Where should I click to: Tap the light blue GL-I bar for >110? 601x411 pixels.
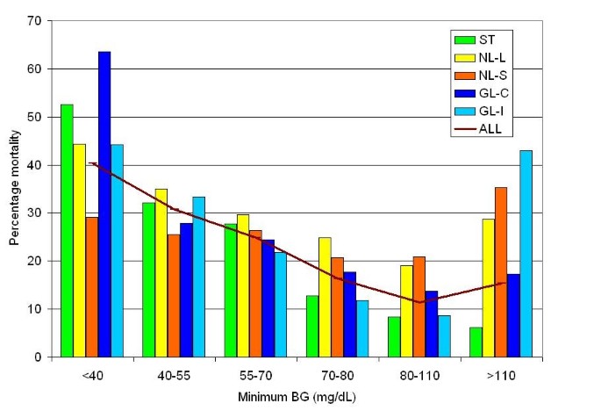pos(526,254)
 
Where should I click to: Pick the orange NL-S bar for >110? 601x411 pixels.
pos(500,272)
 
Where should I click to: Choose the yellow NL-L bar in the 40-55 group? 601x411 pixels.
pos(161,273)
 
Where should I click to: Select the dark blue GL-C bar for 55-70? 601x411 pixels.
pos(268,299)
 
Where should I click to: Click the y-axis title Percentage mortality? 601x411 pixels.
pos(15,188)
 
